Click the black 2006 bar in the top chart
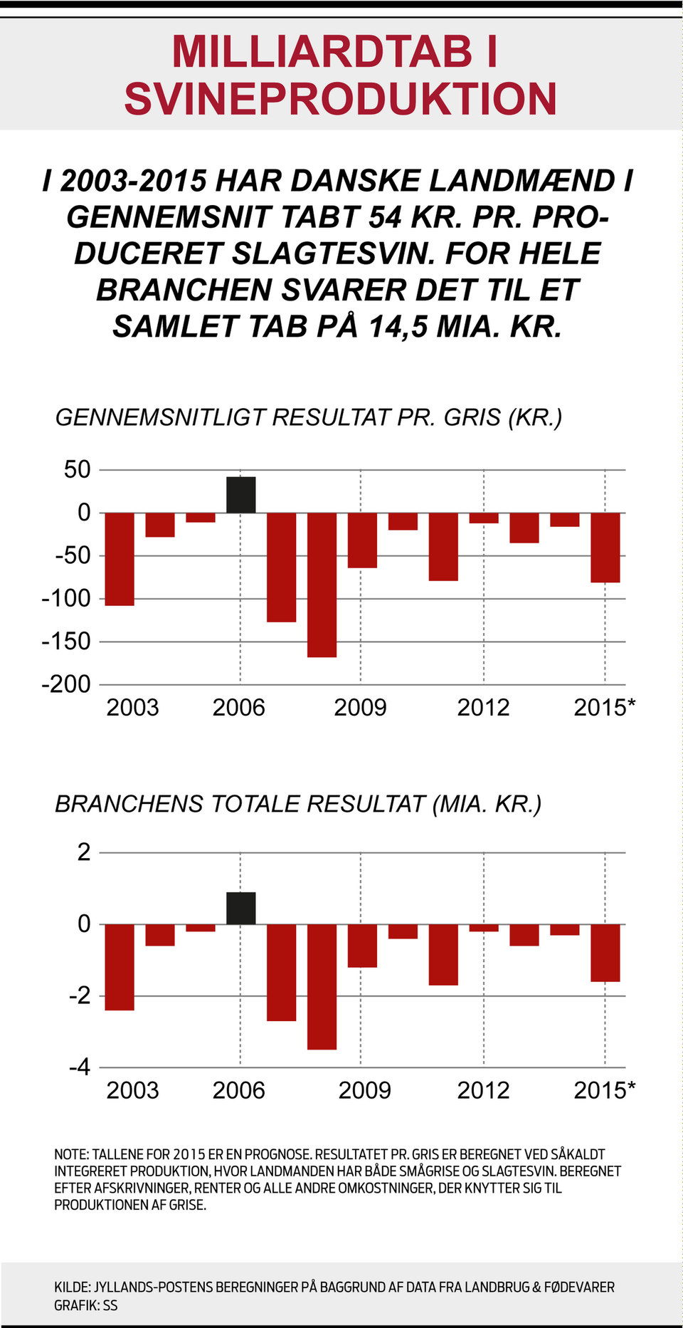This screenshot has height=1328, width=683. [x=240, y=495]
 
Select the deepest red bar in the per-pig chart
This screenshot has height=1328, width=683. [x=322, y=584]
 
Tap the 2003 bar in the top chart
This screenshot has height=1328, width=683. [x=120, y=559]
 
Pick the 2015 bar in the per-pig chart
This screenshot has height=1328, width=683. [x=605, y=547]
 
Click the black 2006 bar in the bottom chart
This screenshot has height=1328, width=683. [x=240, y=908]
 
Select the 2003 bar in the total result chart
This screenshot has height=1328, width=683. [x=120, y=967]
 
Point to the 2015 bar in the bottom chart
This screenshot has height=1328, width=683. [x=605, y=953]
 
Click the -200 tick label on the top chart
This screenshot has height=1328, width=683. [x=66, y=684]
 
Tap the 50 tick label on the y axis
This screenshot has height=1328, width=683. [x=77, y=470]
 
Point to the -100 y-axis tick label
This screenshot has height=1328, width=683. [x=66, y=598]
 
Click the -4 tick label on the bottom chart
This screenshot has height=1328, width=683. [x=80, y=1067]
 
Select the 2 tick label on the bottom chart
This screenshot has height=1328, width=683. [x=84, y=852]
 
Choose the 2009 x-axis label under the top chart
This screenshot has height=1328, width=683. [x=360, y=708]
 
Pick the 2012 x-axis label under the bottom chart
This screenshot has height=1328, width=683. [x=483, y=1090]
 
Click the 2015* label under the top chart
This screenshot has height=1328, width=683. [x=604, y=708]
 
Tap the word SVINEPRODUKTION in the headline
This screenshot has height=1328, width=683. [x=340, y=99]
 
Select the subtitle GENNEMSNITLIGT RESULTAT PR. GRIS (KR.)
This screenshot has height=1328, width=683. [x=309, y=417]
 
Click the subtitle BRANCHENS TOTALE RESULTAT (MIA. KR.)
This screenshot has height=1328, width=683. [x=298, y=804]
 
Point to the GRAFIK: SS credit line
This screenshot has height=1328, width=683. [x=86, y=1305]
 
